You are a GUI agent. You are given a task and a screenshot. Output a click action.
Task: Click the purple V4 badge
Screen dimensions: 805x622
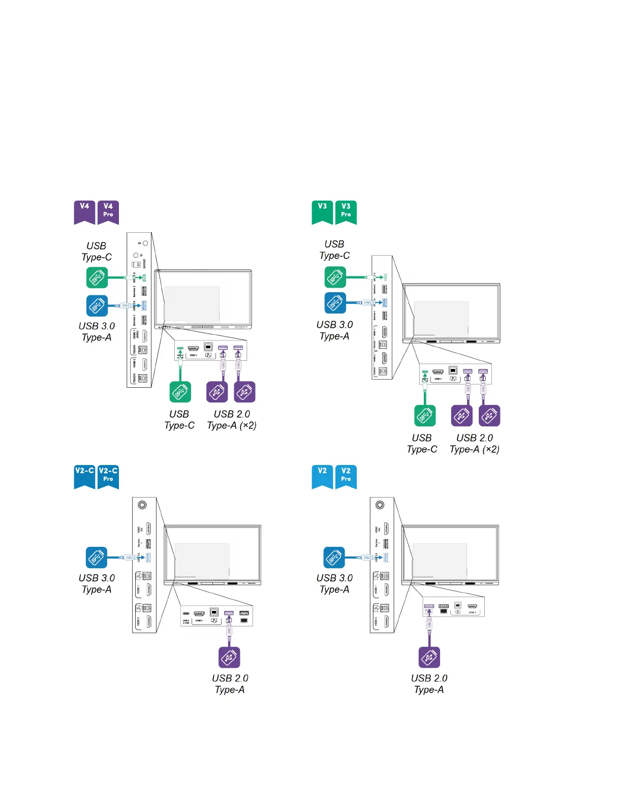(x=84, y=211)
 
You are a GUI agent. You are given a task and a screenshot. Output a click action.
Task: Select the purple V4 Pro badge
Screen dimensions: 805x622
(x=108, y=211)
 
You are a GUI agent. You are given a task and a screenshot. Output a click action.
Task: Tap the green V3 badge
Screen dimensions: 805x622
(x=322, y=211)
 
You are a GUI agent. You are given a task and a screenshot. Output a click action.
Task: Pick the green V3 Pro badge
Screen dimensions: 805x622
(x=346, y=211)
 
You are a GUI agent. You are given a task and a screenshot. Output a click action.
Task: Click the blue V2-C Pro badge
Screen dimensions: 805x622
(x=108, y=476)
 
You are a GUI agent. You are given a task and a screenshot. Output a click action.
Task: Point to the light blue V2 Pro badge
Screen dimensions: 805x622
(x=346, y=476)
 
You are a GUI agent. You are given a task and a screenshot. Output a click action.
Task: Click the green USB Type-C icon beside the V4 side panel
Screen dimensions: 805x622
(x=97, y=277)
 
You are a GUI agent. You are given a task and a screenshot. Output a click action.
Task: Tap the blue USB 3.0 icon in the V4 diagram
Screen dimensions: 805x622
(x=97, y=305)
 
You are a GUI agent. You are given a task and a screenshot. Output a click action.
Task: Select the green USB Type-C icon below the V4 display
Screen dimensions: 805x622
(x=180, y=392)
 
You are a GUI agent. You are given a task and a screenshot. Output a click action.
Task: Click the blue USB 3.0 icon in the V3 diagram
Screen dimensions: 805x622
(x=335, y=303)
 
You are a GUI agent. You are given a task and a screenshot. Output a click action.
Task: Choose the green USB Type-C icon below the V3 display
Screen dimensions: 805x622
(x=425, y=416)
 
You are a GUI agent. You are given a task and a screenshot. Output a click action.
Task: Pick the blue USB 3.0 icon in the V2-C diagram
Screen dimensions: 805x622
(x=97, y=558)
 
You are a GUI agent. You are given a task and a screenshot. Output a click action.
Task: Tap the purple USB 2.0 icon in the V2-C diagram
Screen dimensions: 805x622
(x=229, y=657)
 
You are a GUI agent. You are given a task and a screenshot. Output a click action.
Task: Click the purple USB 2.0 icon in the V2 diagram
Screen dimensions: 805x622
(x=429, y=657)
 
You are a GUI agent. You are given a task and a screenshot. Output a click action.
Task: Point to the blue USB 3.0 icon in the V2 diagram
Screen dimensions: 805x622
(x=334, y=558)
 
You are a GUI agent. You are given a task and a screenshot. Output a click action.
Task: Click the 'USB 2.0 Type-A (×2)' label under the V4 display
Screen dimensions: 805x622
(x=232, y=420)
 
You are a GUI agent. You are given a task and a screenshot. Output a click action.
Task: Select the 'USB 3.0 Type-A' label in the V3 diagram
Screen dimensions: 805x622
(x=334, y=330)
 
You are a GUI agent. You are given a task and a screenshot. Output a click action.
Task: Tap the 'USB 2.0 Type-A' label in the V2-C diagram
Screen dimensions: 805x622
(x=230, y=684)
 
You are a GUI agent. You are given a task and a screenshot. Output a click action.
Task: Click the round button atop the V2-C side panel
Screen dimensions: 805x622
(x=143, y=505)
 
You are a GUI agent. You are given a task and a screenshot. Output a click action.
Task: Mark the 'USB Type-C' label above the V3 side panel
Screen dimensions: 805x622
(x=334, y=250)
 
